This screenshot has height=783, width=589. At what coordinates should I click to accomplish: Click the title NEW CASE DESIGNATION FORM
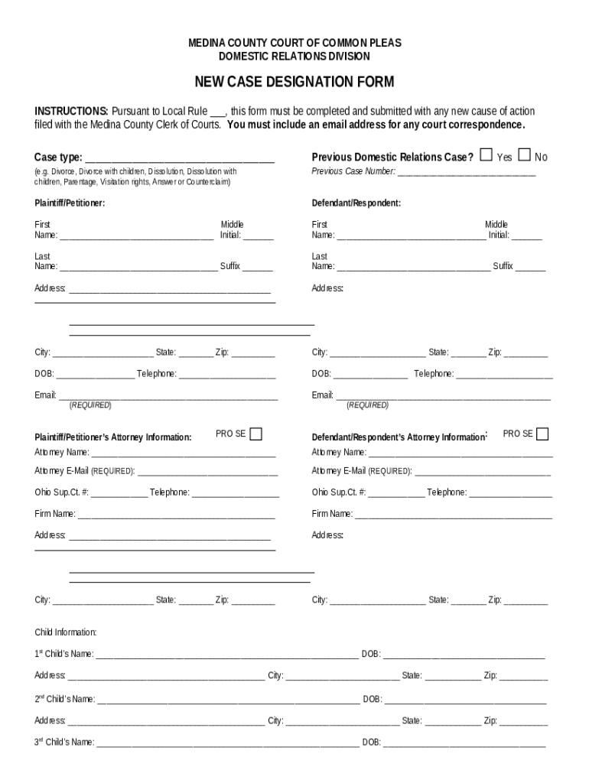click(x=294, y=82)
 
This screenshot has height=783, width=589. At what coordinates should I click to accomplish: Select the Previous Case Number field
click(x=467, y=173)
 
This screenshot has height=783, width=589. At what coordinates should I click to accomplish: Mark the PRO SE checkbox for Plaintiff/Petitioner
click(x=255, y=434)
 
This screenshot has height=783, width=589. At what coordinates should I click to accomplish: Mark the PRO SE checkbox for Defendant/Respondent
click(x=542, y=434)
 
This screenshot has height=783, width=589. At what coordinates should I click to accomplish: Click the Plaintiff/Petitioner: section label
click(x=70, y=203)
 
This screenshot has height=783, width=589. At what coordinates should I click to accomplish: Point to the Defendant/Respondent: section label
click(x=356, y=203)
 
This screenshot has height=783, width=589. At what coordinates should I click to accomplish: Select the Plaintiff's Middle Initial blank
click(x=259, y=236)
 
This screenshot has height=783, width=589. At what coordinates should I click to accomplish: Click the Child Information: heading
click(x=66, y=632)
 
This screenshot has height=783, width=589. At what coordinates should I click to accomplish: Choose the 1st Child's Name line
click(x=226, y=655)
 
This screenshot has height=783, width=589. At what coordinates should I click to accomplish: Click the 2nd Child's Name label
click(x=64, y=699)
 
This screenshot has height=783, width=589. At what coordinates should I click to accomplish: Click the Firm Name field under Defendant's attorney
click(x=453, y=515)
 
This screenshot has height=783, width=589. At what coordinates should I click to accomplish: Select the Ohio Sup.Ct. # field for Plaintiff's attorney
click(x=119, y=494)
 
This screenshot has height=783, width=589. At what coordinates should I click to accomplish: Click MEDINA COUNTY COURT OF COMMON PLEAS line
click(x=294, y=44)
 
